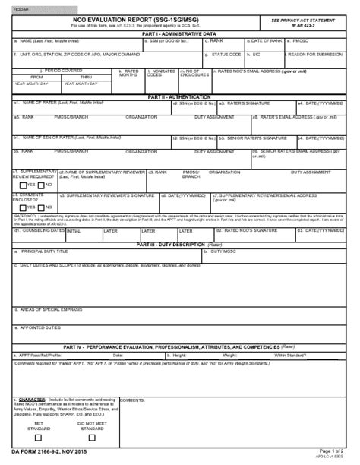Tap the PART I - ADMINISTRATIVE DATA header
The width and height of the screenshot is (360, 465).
click(180, 33)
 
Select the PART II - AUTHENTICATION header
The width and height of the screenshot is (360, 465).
click(180, 98)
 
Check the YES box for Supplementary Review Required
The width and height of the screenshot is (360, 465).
click(22, 185)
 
